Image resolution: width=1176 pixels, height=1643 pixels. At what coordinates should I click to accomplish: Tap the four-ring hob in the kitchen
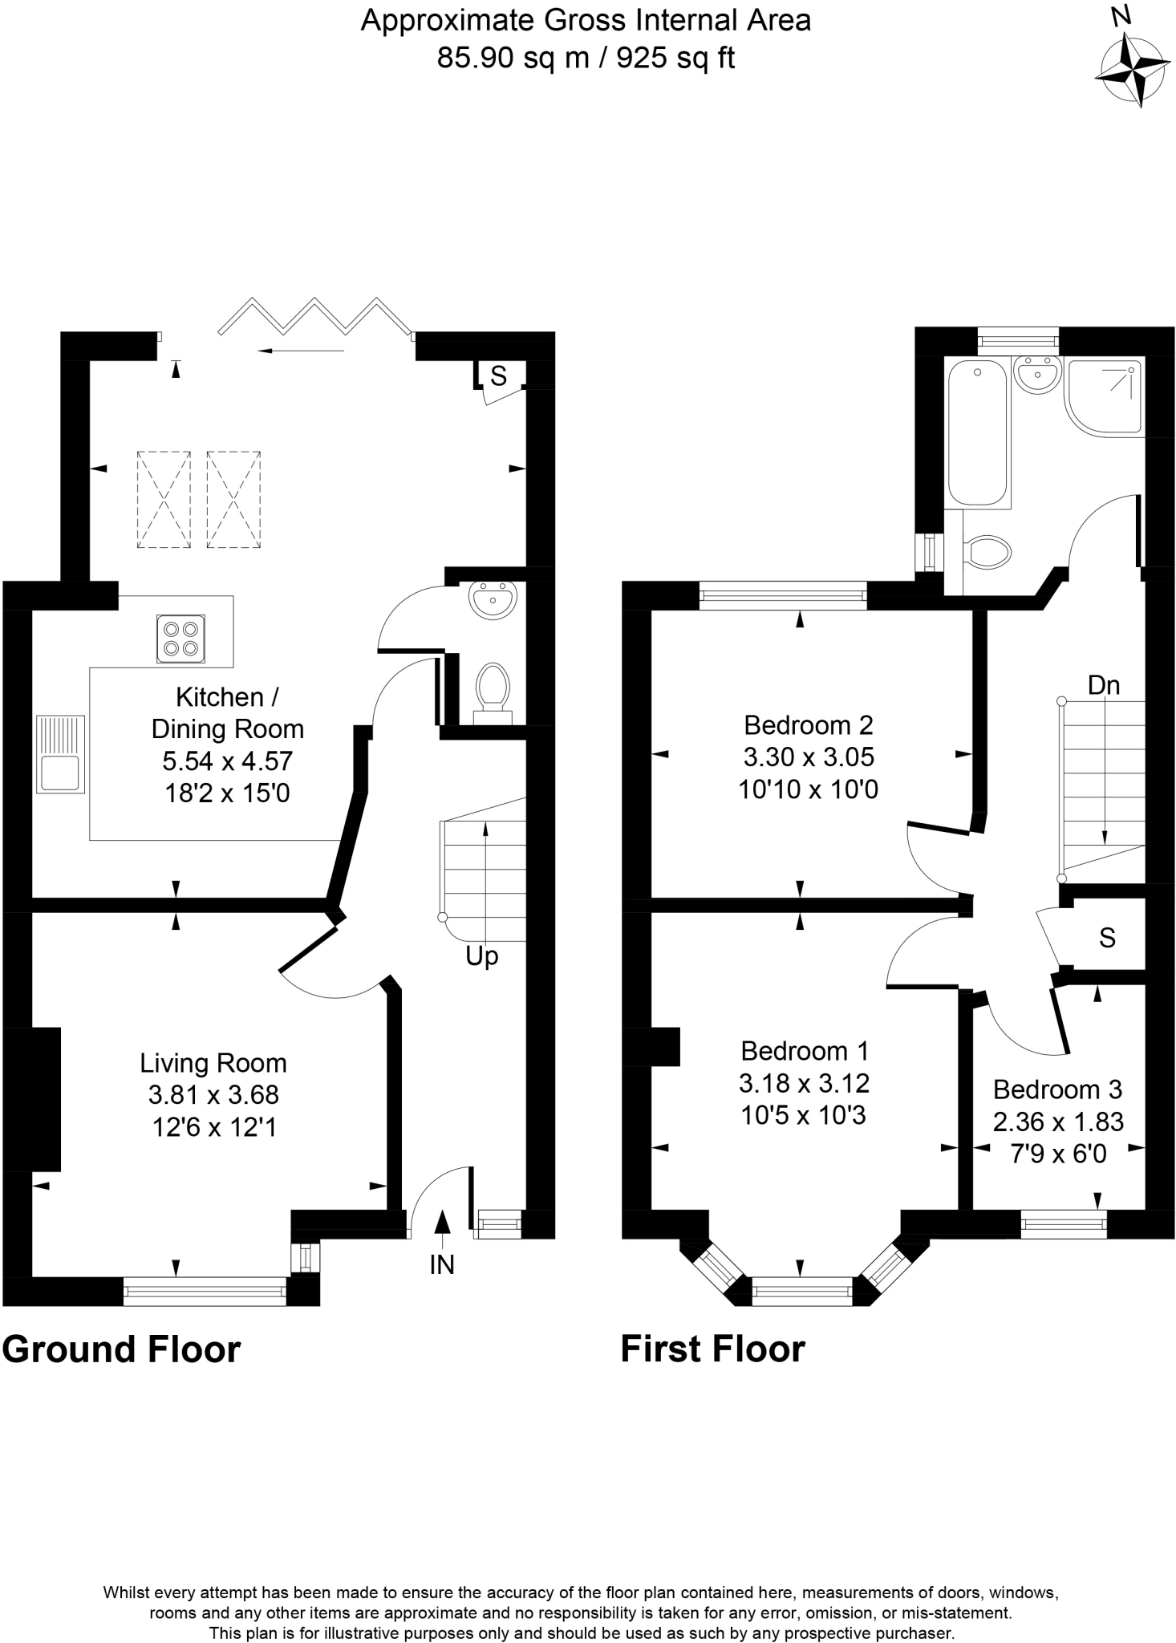[180, 639]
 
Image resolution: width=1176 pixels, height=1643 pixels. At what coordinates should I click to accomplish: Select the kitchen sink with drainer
[60, 754]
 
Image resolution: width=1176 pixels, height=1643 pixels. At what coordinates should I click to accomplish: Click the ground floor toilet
[492, 689]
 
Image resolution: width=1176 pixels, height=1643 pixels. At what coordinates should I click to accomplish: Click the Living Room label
[213, 1064]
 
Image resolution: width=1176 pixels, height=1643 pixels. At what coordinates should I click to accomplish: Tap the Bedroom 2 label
[808, 725]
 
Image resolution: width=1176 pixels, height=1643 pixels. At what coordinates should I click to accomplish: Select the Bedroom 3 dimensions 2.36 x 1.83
[1058, 1122]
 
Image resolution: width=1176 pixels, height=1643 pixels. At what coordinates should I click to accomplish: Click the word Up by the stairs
[481, 956]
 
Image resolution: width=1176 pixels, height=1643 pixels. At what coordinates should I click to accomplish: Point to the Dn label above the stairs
[1104, 685]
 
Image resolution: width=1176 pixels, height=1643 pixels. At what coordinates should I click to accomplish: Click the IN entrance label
[441, 1265]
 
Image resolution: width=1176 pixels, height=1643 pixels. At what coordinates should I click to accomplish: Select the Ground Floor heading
[121, 1350]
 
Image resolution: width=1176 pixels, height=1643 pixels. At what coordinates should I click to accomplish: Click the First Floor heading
[712, 1349]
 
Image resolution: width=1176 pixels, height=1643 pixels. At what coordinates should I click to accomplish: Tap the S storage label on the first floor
[1107, 937]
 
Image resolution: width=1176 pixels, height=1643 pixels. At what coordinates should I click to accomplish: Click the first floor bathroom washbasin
[1037, 374]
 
